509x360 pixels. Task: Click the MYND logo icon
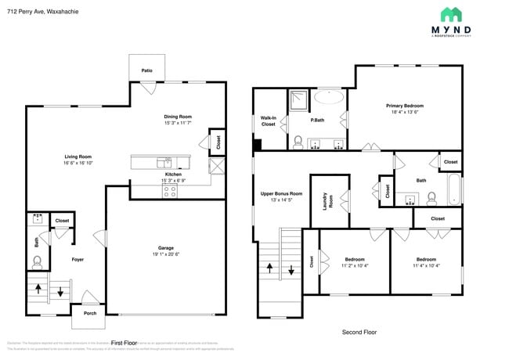click(450, 14)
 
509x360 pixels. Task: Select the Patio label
click(147, 70)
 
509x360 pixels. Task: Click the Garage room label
click(166, 248)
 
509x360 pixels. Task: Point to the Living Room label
click(78, 157)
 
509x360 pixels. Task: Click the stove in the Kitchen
click(169, 190)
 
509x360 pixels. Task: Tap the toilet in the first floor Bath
click(37, 262)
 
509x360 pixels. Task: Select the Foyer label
click(78, 259)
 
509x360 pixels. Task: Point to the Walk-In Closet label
click(268, 121)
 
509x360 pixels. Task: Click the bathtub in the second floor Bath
click(454, 187)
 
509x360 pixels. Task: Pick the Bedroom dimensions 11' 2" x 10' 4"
click(355, 265)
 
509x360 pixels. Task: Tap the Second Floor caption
click(359, 332)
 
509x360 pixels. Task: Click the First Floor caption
click(124, 343)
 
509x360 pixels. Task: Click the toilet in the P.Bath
click(298, 142)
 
